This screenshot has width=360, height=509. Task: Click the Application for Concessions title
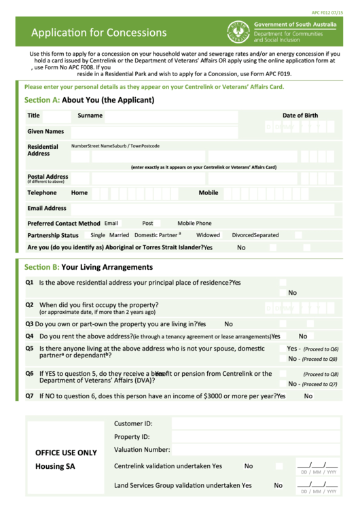point(98,33)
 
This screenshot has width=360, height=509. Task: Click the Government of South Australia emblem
point(238,32)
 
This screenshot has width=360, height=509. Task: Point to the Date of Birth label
point(300,116)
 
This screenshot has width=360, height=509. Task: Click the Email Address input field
point(204,209)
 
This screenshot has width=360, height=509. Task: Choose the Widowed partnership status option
point(208,235)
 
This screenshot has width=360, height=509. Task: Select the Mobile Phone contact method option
point(194,223)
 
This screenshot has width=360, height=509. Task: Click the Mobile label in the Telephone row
point(209,193)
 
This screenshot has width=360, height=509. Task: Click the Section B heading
point(88,267)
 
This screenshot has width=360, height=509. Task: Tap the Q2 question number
point(30,305)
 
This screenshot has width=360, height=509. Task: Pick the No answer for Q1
point(292,293)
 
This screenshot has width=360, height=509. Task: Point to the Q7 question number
point(30,396)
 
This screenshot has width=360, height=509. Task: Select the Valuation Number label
point(142,449)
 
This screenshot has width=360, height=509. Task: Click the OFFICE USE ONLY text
point(66,453)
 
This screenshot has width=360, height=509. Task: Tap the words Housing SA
point(55,466)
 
